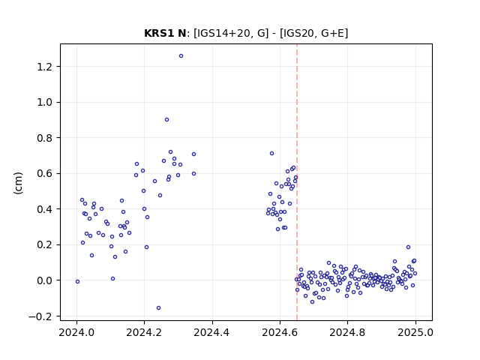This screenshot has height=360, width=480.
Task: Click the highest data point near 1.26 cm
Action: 181,56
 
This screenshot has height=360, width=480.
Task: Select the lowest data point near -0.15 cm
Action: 158,308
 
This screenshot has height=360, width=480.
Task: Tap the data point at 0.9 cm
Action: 166,120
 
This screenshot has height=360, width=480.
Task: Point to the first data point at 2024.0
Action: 77,282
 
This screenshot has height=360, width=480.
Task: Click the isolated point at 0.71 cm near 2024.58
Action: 271,153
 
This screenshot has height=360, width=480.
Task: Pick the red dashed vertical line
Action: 297,182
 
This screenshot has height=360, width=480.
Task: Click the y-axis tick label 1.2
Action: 44,67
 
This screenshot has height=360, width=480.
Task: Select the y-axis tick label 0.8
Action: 44,138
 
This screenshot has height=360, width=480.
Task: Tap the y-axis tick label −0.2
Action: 40,316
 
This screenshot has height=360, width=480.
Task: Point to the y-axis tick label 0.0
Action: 44,280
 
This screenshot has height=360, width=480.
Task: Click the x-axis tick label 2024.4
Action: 211,332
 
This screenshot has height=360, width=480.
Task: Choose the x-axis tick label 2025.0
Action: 415,332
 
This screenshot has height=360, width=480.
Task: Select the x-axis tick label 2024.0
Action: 76,332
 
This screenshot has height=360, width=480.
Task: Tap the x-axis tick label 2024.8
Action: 347,332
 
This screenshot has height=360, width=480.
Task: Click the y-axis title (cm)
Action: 18,183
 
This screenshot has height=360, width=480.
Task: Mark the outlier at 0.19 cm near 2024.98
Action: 408,247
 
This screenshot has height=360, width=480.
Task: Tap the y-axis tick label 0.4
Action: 44,209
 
